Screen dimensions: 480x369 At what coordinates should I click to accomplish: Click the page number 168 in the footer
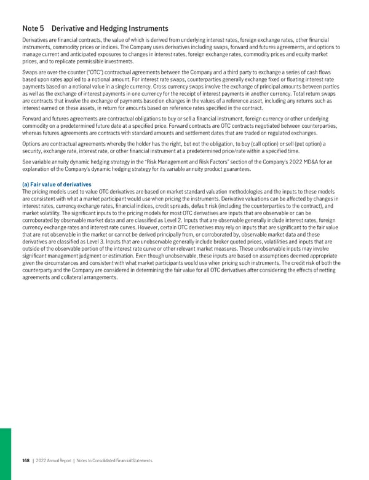point(25,460)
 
